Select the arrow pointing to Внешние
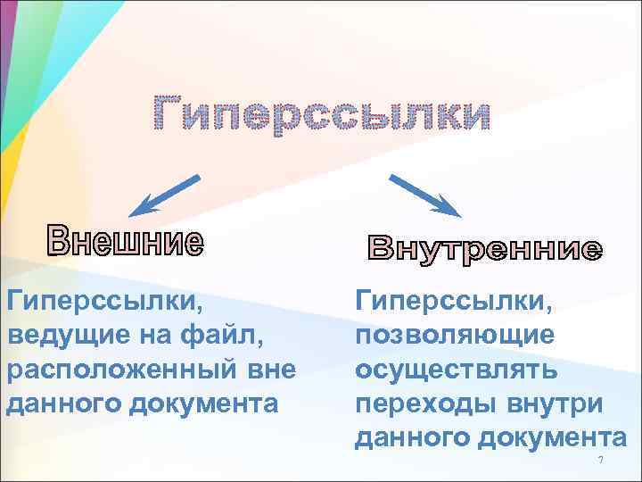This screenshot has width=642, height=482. [x=166, y=195]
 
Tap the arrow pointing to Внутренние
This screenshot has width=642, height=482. [x=424, y=195]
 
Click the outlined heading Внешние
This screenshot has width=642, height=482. [x=126, y=240]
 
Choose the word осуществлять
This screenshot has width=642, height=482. [x=457, y=370]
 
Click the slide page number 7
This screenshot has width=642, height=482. [x=601, y=460]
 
